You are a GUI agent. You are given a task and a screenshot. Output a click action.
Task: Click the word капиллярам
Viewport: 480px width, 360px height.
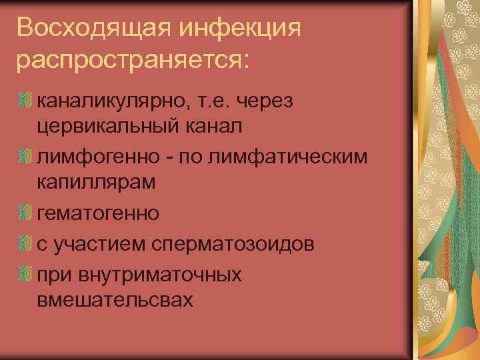tap(95, 182)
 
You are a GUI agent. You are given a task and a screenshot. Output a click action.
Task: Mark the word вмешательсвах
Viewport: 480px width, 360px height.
tap(115, 299)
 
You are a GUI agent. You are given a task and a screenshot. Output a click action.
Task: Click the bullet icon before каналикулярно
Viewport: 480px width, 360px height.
tap(25, 100)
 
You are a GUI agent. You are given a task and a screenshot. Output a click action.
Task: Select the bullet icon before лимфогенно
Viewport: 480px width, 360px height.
tap(25, 156)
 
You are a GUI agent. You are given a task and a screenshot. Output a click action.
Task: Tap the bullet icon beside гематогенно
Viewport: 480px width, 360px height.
tap(25, 213)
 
